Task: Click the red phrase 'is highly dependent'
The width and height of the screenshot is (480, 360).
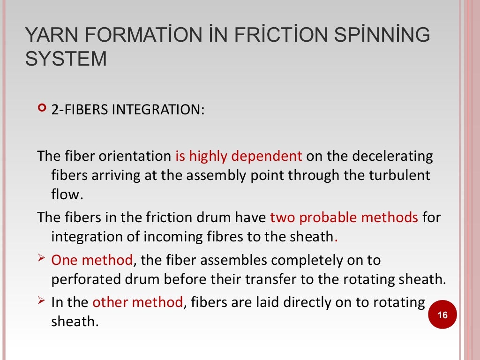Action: point(239,156)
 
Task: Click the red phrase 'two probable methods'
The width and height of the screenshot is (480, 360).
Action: point(344,217)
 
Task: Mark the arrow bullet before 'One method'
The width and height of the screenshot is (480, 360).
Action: point(41,258)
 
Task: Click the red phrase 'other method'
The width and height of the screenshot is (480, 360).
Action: point(137,302)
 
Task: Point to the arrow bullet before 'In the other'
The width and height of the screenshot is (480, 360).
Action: point(41,301)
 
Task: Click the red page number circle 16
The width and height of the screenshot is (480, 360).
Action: point(442,315)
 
